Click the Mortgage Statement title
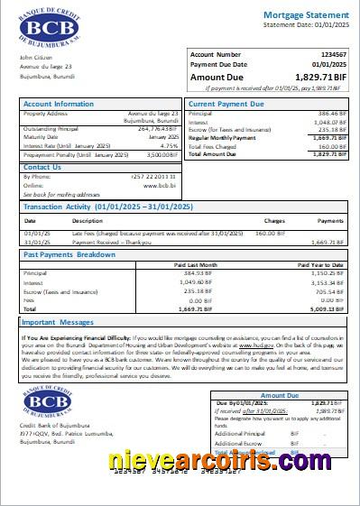[x=301, y=16]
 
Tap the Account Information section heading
[x=59, y=105]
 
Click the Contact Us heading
[x=42, y=167]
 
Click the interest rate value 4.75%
[x=169, y=145]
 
